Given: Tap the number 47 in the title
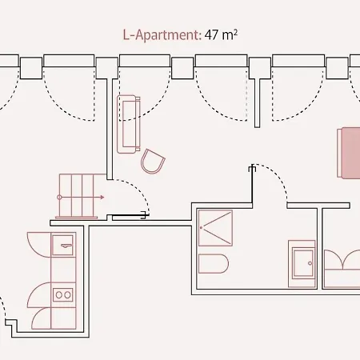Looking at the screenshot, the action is tap(211, 34).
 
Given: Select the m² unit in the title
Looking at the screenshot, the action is tap(229, 34).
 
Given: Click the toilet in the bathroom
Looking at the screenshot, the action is tap(214, 264).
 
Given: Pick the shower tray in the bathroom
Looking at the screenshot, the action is tap(215, 228).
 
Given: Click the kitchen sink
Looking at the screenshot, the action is tap(62, 245).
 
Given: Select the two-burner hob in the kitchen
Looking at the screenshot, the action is tap(63, 294).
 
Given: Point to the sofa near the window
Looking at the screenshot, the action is tap(129, 124).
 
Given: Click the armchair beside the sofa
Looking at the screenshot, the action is tap(153, 162).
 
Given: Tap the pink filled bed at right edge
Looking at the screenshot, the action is tap(349, 153).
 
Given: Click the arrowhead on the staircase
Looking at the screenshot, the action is tap(102, 198).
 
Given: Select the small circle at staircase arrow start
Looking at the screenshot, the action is tap(59, 198).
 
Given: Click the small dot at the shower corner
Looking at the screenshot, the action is tap(202, 227).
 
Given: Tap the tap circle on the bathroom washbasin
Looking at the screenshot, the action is tap(310, 263).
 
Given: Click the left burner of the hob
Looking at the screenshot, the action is tap(58, 295).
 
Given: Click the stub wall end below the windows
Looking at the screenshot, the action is tap(257, 126).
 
